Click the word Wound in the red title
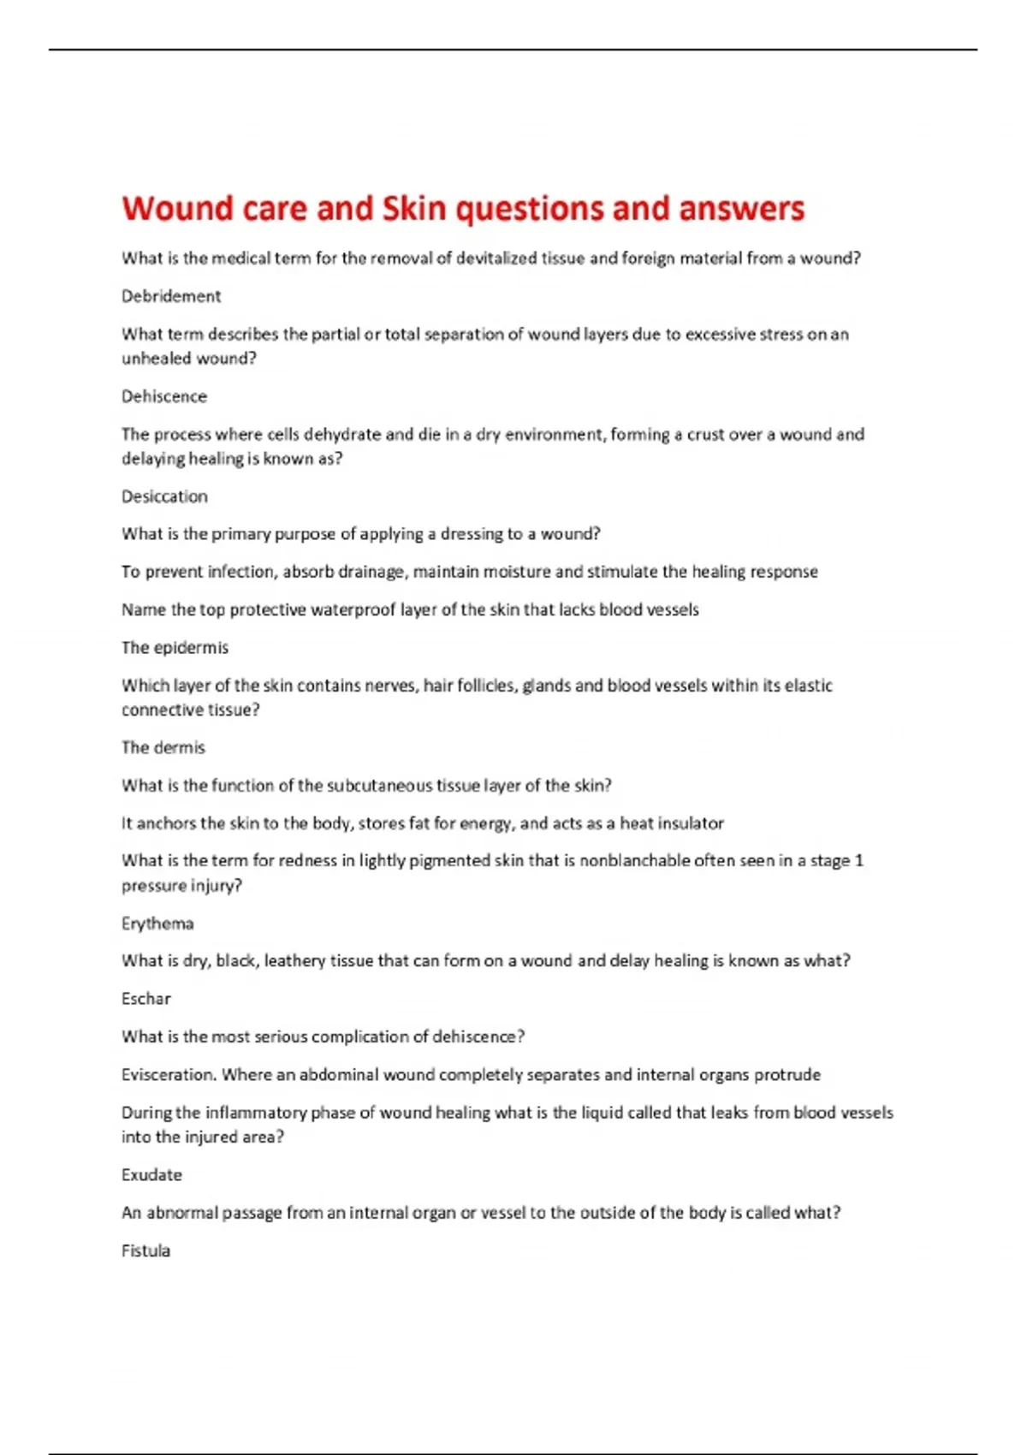[x=177, y=209]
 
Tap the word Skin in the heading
[x=413, y=209]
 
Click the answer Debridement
[x=171, y=296]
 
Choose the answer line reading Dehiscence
[x=164, y=396]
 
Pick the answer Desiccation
[x=164, y=496]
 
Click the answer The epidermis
[x=175, y=648]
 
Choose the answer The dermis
[x=163, y=748]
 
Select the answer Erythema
[x=157, y=923]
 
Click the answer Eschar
[x=146, y=999]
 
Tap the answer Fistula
[x=145, y=1251]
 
